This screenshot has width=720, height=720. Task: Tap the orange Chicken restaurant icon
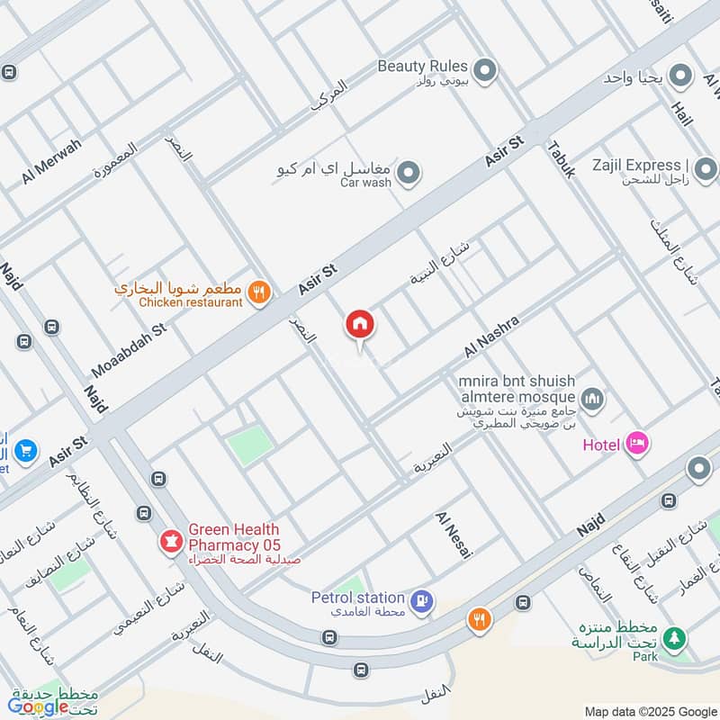(259, 292)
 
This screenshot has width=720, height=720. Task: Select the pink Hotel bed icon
(637, 443)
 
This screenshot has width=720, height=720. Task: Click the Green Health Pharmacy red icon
(168, 541)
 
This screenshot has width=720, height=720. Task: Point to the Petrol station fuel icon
(420, 600)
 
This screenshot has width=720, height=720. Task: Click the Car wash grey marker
(409, 172)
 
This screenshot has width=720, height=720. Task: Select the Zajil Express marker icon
(705, 168)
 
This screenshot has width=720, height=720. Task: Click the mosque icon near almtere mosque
(591, 397)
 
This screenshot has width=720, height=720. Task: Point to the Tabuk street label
(561, 158)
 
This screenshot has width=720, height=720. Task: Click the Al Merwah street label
(51, 163)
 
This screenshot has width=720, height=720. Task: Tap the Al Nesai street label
(454, 534)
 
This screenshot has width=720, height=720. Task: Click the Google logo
(38, 706)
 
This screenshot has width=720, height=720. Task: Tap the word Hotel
(601, 445)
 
